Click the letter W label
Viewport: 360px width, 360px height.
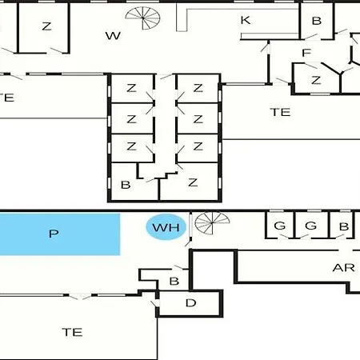[x=113, y=36]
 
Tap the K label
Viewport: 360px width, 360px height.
[x=246, y=20]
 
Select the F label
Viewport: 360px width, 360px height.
[x=306, y=53]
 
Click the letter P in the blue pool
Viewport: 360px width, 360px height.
[x=54, y=234]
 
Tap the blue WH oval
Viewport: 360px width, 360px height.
[x=166, y=227]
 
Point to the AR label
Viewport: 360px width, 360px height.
[x=343, y=267]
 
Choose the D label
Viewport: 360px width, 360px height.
[x=190, y=303]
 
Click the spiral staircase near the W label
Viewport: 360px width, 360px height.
[x=143, y=18]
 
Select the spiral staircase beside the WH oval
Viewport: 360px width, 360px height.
[x=212, y=222]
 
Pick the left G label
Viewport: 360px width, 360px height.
[x=280, y=226]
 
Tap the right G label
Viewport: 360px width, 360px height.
[x=310, y=226]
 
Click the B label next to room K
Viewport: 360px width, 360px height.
[x=317, y=21]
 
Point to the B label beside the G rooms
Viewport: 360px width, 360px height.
[x=344, y=226]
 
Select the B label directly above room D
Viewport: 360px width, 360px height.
[x=174, y=281]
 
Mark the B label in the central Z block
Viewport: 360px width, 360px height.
[x=126, y=185]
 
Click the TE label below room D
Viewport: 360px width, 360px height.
[x=72, y=332]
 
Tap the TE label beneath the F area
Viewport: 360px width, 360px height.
[x=280, y=112]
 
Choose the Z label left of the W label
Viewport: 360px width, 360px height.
[x=46, y=26]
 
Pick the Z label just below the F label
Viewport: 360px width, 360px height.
[x=316, y=80]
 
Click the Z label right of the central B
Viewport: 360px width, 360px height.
[x=193, y=182]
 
